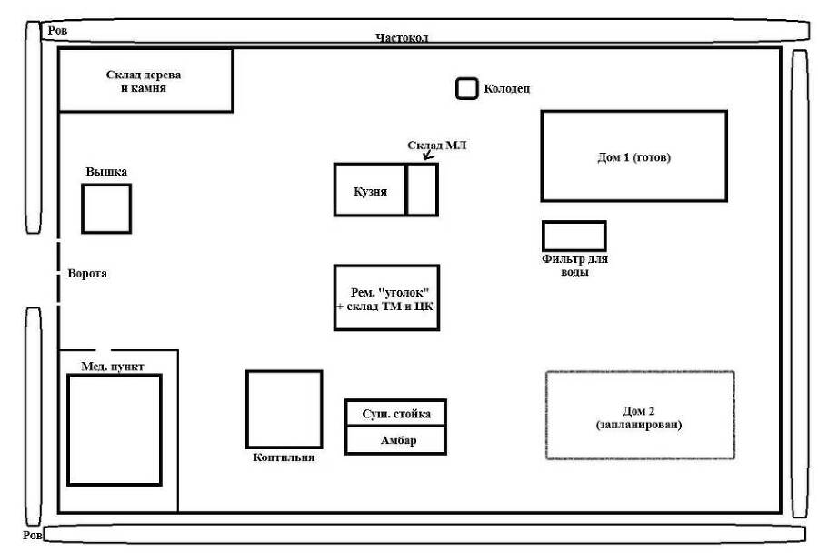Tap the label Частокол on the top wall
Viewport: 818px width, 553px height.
point(402,37)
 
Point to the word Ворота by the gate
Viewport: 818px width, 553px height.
point(87,273)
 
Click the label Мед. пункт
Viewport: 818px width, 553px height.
point(112,367)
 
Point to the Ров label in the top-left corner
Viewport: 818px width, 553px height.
point(57,30)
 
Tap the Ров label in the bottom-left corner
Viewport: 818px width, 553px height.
point(33,535)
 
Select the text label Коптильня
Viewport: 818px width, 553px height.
point(284,457)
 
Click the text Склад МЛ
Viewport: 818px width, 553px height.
point(436,146)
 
